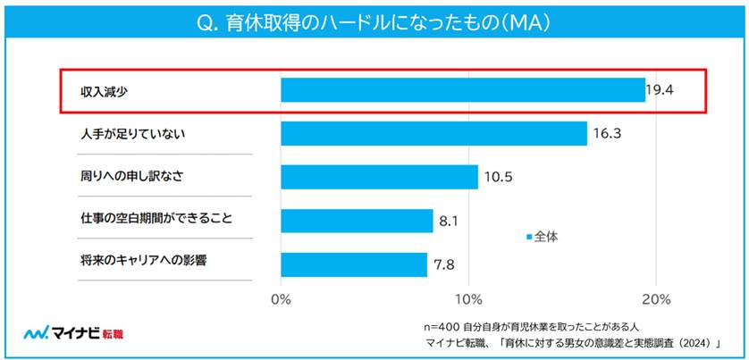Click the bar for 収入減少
point(463,90)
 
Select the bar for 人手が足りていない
point(433,133)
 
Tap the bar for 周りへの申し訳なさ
point(379,177)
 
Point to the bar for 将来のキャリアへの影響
point(354,264)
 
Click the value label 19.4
point(661,90)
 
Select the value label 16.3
point(606,134)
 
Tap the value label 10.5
point(497,177)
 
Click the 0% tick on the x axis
point(281,297)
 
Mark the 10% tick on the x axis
point(469,297)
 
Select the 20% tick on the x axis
point(656,297)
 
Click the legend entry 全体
point(545,237)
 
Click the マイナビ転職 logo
point(73,333)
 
